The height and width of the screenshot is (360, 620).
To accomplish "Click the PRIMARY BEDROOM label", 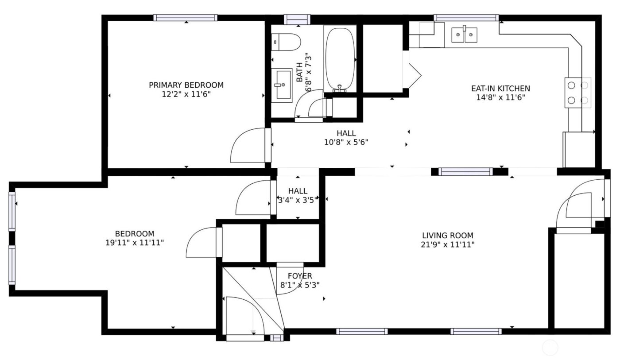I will coord(186,85).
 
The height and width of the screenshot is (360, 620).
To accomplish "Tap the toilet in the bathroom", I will coord(287,42).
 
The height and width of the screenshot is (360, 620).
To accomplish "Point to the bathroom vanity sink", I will coord(281,85).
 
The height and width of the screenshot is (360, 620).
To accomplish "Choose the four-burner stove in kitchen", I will coord(577,93).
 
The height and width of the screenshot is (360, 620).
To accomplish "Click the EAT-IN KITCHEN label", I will coord(500,88).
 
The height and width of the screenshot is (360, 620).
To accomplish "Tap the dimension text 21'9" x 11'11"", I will coord(448,244).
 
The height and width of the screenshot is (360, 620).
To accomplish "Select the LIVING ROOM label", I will coord(448,235).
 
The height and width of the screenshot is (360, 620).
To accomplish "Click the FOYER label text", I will coord(300,276).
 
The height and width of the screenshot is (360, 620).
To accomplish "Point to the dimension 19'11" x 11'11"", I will coord(135,243).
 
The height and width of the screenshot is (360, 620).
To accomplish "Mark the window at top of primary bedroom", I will coord(185,18).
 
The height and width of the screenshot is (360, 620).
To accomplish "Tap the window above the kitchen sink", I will coord(466,18).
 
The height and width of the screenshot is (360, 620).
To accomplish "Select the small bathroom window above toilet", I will coord(296,19).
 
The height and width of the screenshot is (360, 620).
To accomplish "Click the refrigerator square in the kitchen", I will coord(578,149).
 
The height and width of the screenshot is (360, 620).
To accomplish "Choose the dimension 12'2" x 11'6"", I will coord(186,94).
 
